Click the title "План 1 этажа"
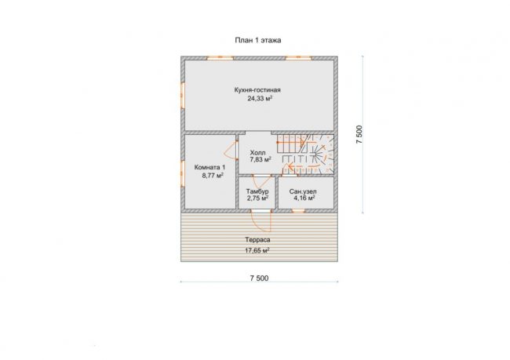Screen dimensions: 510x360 point(258,40)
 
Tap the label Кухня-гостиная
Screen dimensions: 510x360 point(257,90)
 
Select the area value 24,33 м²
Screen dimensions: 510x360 point(260,99)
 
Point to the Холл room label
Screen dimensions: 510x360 point(257,152)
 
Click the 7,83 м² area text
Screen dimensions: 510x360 point(260,159)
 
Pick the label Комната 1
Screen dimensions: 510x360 point(209,168)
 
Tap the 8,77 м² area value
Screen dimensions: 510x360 point(213,176)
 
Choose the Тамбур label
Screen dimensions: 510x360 point(257,191)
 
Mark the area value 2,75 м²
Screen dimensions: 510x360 point(257,198)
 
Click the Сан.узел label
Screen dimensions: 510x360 point(303,191)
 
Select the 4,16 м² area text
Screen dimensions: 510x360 point(304,198)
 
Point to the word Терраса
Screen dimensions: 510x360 point(257,240)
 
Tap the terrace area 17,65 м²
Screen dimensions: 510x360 point(257,250)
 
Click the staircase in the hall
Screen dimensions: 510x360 point(306,155)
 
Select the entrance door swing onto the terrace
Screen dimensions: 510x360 point(262,222)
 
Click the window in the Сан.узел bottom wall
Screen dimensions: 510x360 point(298,211)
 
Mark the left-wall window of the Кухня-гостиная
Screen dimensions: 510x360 point(183,95)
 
